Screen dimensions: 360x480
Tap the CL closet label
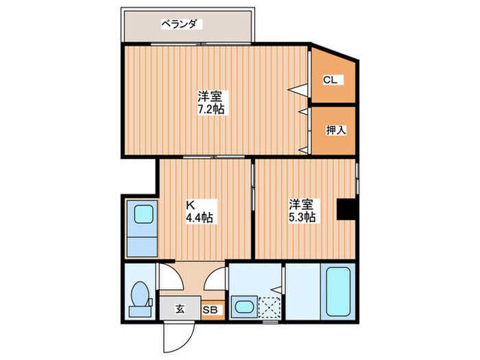331,80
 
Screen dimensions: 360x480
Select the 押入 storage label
335,130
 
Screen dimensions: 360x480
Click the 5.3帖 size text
302,217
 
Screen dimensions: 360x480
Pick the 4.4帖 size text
200,217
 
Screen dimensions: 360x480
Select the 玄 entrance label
179,309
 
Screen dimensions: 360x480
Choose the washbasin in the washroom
243,306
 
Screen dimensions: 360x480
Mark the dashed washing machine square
270,307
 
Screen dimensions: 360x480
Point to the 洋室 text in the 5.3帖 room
302,204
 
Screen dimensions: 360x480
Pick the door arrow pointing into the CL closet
297,88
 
